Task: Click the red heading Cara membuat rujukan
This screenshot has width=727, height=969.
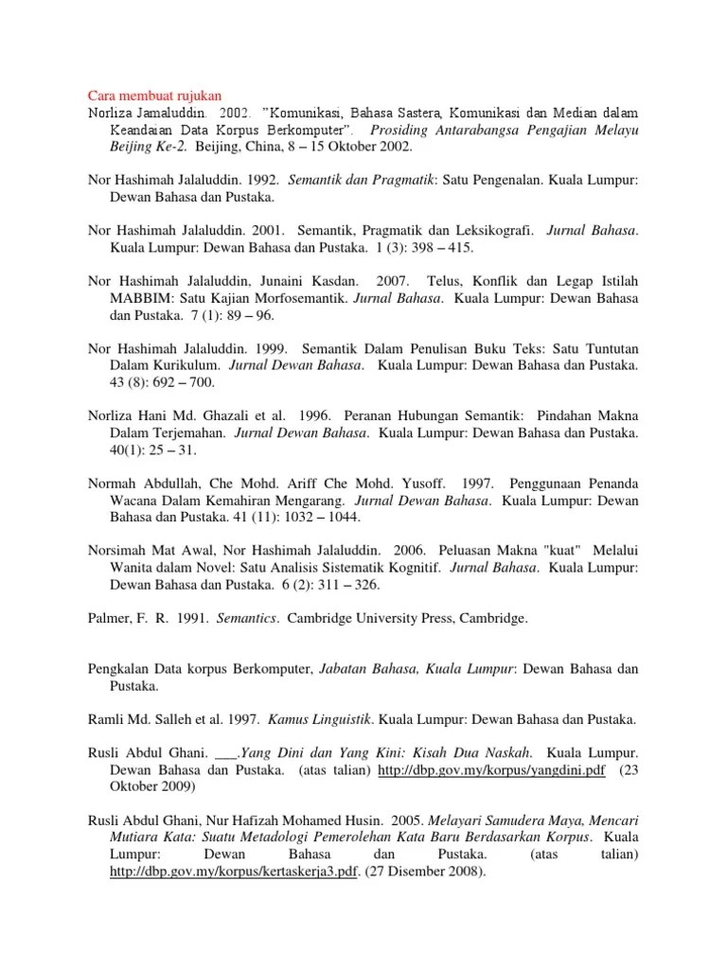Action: (x=154, y=96)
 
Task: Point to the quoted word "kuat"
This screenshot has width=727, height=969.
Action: (x=587, y=551)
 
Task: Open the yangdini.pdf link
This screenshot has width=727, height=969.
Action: (x=491, y=770)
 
